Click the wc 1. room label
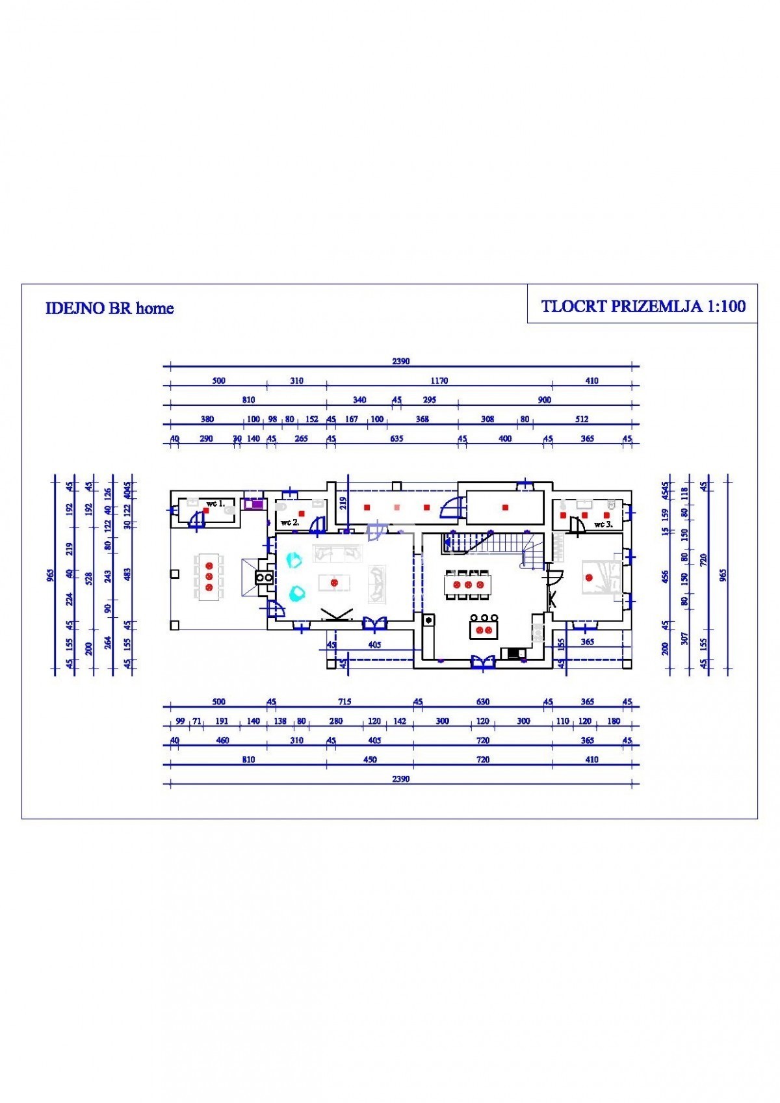tap(215, 503)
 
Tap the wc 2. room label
tap(290, 522)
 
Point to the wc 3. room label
tap(603, 524)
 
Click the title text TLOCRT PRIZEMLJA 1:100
tap(643, 306)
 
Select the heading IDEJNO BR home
tap(109, 308)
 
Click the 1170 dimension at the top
tap(439, 380)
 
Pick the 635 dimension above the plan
tap(396, 438)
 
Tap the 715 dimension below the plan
tap(344, 702)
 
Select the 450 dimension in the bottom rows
tap(369, 760)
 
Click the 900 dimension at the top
tap(545, 400)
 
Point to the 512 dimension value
tap(582, 419)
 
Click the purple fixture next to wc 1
tap(253, 503)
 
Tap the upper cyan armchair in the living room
tap(294, 559)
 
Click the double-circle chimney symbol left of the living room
tap(265, 577)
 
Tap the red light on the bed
tap(590, 577)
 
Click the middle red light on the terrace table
tap(209, 576)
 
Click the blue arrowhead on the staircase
tap(448, 540)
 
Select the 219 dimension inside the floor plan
tap(343, 502)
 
